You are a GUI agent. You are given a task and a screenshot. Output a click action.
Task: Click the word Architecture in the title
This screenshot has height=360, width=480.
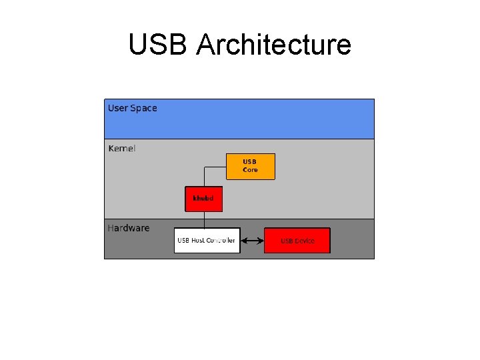274,45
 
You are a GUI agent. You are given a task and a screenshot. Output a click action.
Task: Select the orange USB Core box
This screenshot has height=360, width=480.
250,167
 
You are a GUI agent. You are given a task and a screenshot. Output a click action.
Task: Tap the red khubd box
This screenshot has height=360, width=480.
203,199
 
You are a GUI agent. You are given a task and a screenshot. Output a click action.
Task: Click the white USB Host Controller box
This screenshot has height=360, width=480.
207,241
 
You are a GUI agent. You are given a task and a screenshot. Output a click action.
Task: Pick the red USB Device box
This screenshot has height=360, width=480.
297,241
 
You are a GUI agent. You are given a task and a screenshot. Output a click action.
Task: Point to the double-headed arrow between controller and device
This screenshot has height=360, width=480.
252,241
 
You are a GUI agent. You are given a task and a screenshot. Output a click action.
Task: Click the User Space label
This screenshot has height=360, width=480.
133,108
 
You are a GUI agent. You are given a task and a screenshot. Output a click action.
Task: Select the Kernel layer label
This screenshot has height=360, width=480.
121,148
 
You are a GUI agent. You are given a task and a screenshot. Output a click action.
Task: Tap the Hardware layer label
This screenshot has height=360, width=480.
129,228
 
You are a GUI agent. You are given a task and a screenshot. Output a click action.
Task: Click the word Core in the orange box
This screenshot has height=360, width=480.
250,170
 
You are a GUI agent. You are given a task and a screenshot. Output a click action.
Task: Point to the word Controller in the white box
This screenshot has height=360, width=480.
221,241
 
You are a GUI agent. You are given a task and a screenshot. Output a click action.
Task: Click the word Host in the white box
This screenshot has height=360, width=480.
198,241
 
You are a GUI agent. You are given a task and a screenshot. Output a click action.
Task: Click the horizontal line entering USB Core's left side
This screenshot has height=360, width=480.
215,166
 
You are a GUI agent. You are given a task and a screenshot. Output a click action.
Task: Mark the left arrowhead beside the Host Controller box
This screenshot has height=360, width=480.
243,241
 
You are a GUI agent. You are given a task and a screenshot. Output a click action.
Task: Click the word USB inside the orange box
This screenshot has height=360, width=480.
249,162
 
